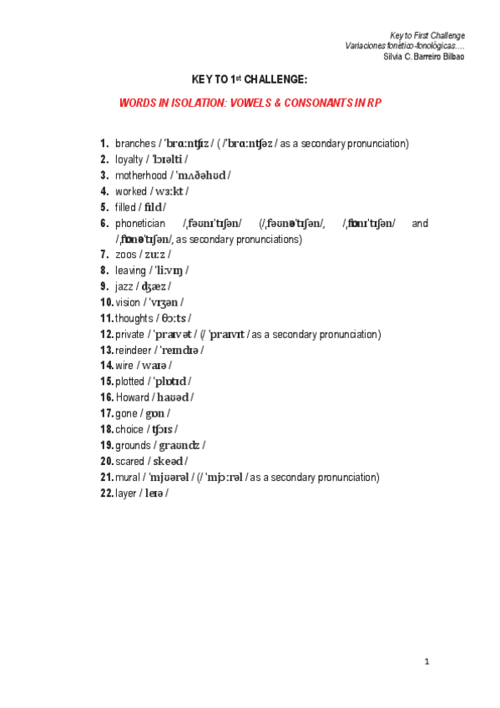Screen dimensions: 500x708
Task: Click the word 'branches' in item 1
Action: point(135,144)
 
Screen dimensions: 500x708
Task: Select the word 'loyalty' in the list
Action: point(129,159)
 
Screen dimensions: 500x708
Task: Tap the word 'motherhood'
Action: point(141,175)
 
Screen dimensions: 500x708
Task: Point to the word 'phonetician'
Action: point(139,223)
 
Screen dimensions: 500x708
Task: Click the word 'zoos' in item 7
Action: point(125,255)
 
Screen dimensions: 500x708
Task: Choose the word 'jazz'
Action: point(124,286)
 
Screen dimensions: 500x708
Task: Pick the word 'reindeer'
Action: point(133,350)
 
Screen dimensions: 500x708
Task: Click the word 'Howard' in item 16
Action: point(132,397)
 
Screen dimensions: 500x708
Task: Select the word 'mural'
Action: point(127,477)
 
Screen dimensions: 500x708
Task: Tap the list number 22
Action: point(106,493)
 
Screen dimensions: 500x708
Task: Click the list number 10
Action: point(106,302)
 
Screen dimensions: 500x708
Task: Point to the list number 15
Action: point(106,382)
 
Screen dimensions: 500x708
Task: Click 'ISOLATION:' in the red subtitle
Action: point(204,101)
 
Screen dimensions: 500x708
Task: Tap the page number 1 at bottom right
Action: point(426,662)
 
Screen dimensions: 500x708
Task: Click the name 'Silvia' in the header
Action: point(394,56)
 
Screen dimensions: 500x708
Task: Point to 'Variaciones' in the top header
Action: point(366,45)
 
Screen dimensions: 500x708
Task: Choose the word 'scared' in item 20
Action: point(130,461)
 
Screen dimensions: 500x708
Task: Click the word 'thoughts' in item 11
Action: point(134,318)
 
